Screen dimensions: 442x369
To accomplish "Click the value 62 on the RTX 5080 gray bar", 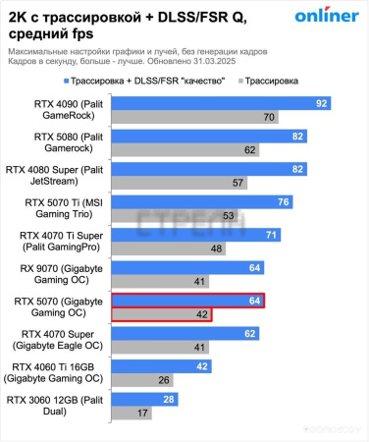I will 251,150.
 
